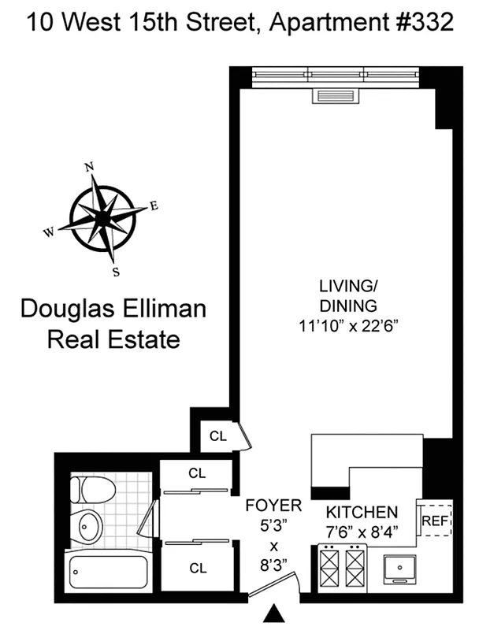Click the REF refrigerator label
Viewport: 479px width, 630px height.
point(434,521)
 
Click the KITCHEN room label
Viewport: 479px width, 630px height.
point(363,513)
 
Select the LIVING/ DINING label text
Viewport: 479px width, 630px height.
point(347,295)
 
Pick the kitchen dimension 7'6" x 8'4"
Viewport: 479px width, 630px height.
point(363,532)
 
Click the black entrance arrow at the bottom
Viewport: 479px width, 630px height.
point(275,613)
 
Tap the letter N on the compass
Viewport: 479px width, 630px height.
point(90,166)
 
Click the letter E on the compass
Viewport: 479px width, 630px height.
point(154,206)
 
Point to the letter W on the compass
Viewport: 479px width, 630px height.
point(49,232)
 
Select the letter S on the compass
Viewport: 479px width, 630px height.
point(116,272)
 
